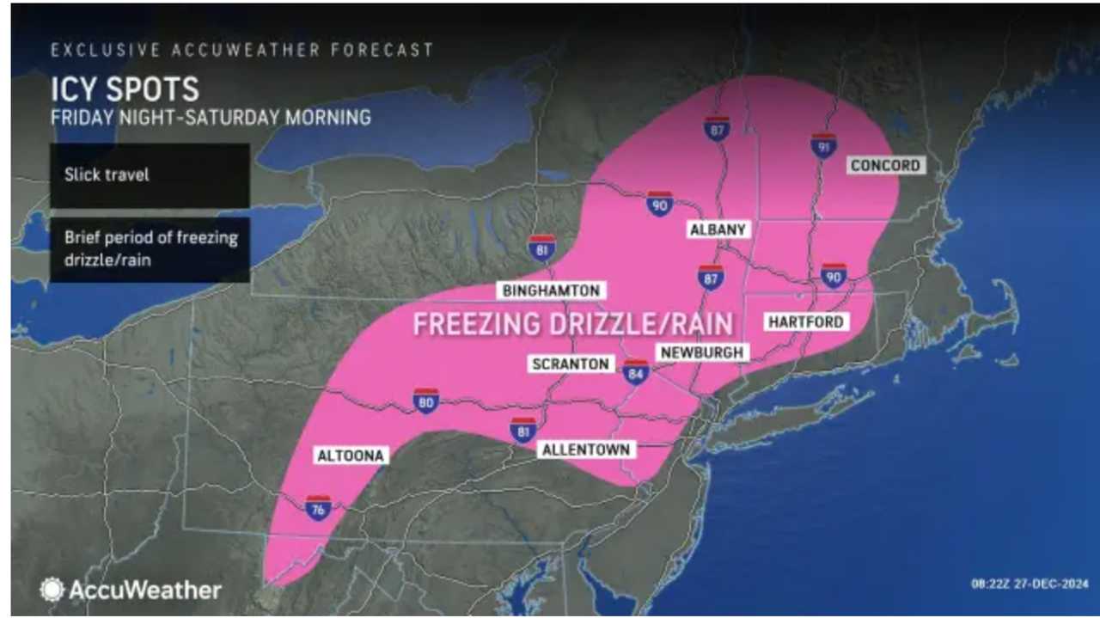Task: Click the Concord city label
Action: pyautogui.click(x=885, y=165)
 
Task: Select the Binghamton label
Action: pyautogui.click(x=550, y=291)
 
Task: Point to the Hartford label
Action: pyautogui.click(x=806, y=321)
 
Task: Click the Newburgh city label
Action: pyautogui.click(x=701, y=352)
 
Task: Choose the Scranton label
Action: pyautogui.click(x=571, y=364)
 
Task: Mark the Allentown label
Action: pyautogui.click(x=586, y=450)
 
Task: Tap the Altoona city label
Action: pyautogui.click(x=351, y=455)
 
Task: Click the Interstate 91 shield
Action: pyautogui.click(x=823, y=145)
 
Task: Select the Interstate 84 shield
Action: pyautogui.click(x=636, y=371)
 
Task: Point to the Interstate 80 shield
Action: pyautogui.click(x=426, y=401)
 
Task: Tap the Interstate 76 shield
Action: pyautogui.click(x=318, y=508)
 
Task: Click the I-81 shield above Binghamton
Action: pyautogui.click(x=541, y=248)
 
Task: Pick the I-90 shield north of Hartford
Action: pyautogui.click(x=833, y=275)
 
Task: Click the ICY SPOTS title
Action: pyautogui.click(x=125, y=89)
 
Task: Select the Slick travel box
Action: pyautogui.click(x=150, y=174)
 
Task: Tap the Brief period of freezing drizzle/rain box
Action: pyautogui.click(x=150, y=248)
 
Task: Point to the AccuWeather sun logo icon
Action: pyautogui.click(x=52, y=590)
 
